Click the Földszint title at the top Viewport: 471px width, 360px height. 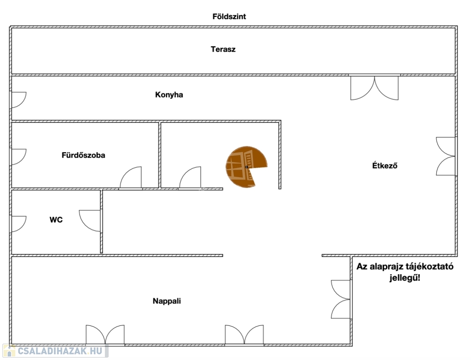tap(229, 16)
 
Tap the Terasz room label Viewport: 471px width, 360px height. tap(223, 49)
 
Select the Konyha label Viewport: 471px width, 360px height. tap(169, 95)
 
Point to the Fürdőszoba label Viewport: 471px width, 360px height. tap(84, 155)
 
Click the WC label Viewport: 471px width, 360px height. tap(56, 219)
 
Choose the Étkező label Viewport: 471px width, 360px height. tap(385, 165)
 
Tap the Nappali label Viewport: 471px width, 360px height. tap(167, 301)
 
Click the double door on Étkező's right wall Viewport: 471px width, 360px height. tap(446, 156)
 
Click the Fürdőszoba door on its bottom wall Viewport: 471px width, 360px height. tap(131, 178)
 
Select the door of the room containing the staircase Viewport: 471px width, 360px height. tap(190, 178)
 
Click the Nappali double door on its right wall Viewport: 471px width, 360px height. tap(341, 299)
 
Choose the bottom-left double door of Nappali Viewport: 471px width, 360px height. tap(105, 335)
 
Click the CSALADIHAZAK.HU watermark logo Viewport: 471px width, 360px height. tap(55, 351)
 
